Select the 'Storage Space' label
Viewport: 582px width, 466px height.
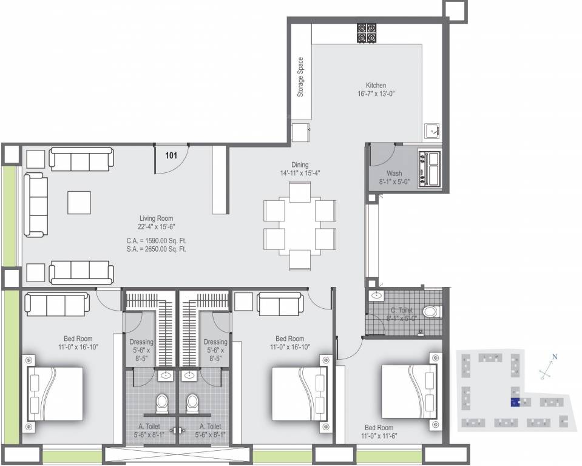(300, 78)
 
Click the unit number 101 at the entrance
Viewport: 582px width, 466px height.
(171, 155)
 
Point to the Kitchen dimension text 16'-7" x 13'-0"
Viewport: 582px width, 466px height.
(376, 94)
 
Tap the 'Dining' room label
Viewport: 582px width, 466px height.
(299, 164)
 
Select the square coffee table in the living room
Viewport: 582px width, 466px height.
(80, 201)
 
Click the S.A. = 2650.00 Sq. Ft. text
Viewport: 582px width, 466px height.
(152, 249)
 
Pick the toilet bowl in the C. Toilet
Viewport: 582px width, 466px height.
(431, 312)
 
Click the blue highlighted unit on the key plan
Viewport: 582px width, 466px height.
(514, 402)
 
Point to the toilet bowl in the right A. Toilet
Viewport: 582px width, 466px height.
(194, 402)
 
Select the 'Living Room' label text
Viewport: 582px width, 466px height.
(157, 218)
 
